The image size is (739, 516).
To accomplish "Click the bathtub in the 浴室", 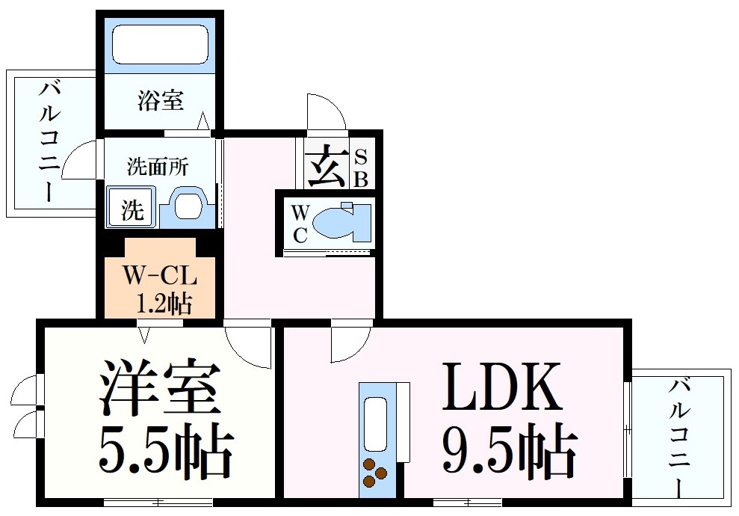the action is [x=160, y=45].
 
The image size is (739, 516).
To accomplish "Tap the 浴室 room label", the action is [x=160, y=100].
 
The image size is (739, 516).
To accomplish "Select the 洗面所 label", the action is [x=158, y=167].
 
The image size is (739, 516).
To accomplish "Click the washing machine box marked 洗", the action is [x=131, y=206].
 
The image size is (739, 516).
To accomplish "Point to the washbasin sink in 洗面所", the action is [x=188, y=205].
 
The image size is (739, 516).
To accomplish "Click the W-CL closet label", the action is [x=160, y=277].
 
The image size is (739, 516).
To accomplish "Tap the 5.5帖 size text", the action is [x=166, y=449].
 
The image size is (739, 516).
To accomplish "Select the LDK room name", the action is [x=501, y=386].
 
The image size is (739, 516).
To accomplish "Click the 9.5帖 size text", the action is [x=510, y=448].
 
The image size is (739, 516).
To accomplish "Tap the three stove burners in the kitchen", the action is [x=374, y=472].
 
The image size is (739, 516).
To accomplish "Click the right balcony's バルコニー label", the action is [x=679, y=437].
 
